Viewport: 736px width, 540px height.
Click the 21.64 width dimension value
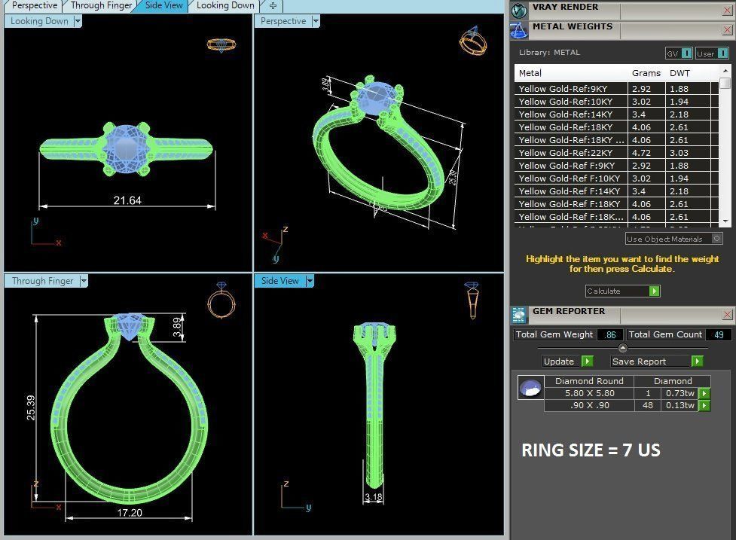[x=127, y=200]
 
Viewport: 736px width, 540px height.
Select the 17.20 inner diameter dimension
[x=130, y=513]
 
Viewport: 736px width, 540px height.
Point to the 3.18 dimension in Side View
[x=372, y=497]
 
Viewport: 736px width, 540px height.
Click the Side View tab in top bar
[x=163, y=5]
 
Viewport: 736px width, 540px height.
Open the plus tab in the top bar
[x=273, y=5]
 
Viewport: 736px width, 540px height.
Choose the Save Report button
[x=656, y=362]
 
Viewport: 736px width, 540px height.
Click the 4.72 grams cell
[x=641, y=153]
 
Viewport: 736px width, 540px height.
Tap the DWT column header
[x=680, y=73]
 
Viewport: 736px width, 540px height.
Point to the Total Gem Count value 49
[x=718, y=334]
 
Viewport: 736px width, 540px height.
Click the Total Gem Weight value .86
[x=610, y=334]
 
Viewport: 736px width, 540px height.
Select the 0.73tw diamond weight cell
[x=679, y=393]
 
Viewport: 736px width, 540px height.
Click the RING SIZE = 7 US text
[x=591, y=450]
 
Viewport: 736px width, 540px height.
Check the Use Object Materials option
[x=716, y=239]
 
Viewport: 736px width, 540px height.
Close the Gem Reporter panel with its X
[x=727, y=315]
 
